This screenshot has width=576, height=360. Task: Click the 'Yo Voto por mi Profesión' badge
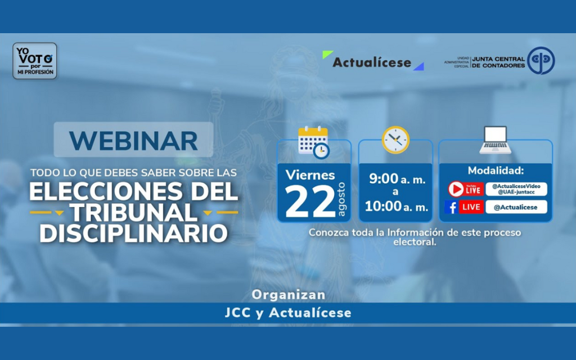[35, 61]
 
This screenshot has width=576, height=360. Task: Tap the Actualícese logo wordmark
[372, 62]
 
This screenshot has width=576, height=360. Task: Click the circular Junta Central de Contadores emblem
[541, 61]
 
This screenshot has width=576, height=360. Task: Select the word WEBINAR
[133, 141]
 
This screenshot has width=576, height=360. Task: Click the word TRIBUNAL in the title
[134, 213]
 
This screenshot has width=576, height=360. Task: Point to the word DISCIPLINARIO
[133, 233]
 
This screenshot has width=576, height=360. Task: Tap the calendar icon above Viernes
[313, 142]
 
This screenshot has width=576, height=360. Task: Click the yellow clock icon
[395, 140]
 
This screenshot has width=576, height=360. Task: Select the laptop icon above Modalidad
[495, 140]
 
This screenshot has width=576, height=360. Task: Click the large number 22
[310, 201]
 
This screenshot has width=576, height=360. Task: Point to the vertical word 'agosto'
[341, 199]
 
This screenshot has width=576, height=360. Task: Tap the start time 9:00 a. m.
[397, 178]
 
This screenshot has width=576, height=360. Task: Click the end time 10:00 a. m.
[397, 206]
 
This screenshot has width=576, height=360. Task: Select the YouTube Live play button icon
[456, 189]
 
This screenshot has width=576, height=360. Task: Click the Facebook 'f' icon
[452, 207]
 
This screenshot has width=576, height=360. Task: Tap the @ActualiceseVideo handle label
[516, 186]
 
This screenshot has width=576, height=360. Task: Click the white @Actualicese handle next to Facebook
[516, 207]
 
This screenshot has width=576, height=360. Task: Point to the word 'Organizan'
[289, 295]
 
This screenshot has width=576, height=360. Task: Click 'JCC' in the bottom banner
[238, 313]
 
